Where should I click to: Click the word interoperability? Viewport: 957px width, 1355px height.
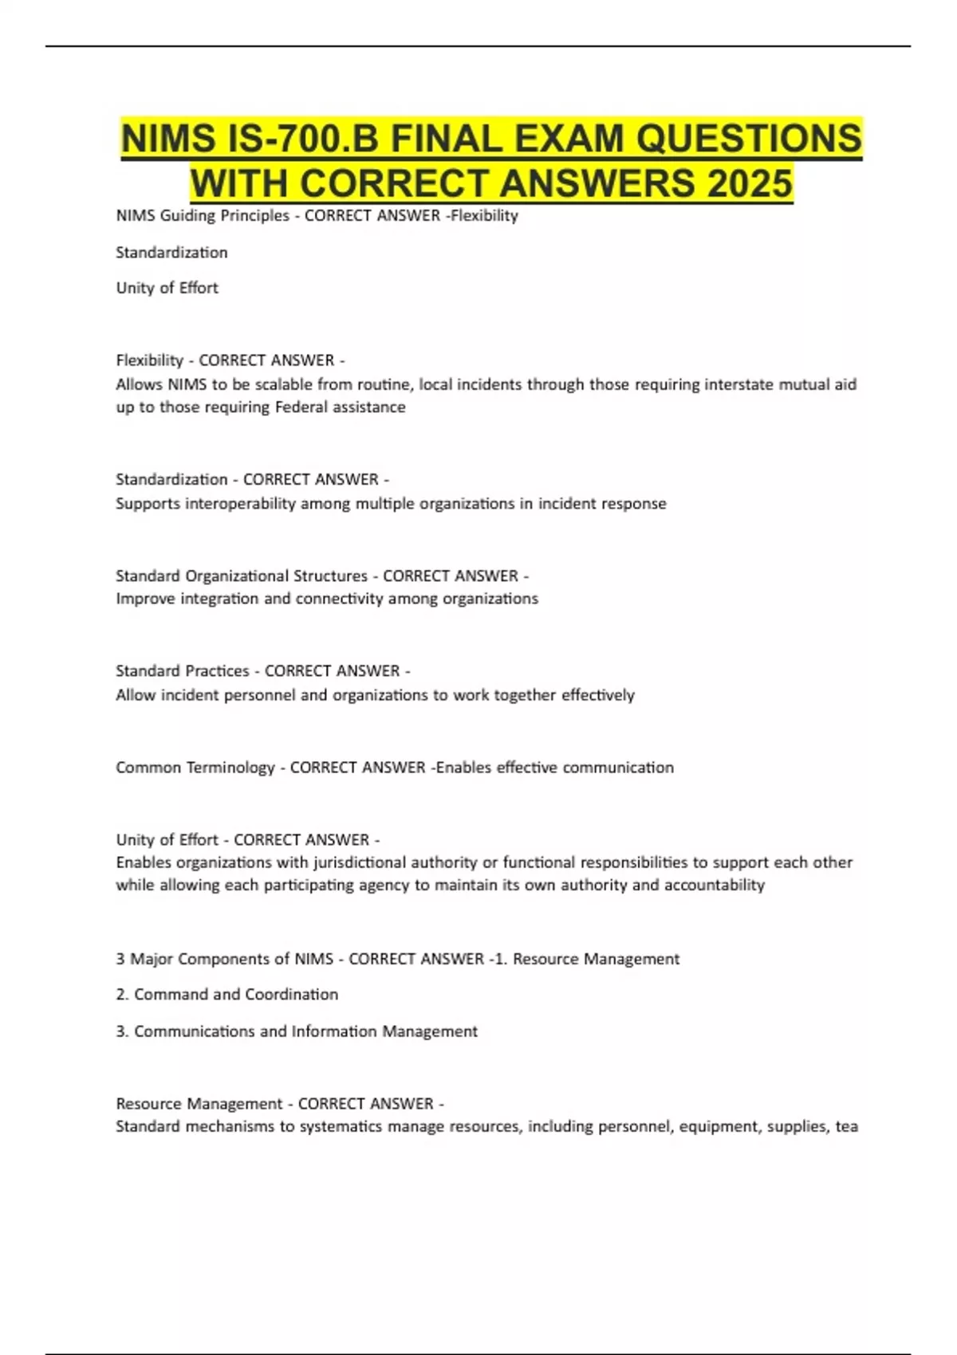[x=240, y=504]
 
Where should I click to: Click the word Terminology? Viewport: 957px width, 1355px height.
[x=230, y=768]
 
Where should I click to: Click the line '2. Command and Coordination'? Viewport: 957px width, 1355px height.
[x=227, y=995]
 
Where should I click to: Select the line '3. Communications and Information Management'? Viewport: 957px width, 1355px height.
[x=297, y=1031]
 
